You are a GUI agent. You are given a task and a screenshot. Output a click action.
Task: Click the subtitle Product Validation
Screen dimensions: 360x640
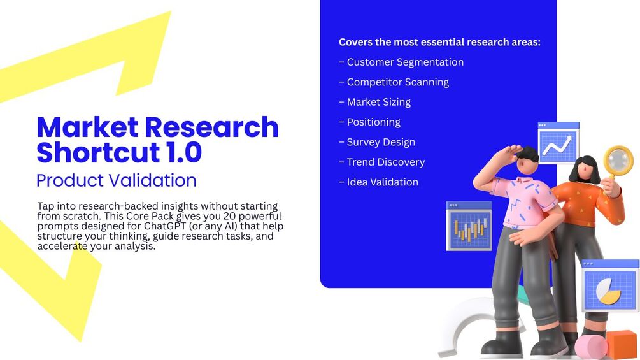pos(117,180)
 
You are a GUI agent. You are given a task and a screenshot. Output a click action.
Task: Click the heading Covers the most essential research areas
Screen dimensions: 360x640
pos(439,42)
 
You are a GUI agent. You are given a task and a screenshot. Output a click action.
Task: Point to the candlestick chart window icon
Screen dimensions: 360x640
pos(469,226)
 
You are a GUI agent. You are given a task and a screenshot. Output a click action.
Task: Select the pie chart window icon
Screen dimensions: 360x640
pos(609,285)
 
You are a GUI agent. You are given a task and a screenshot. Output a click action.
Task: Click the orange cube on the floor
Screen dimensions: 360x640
pos(622,344)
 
